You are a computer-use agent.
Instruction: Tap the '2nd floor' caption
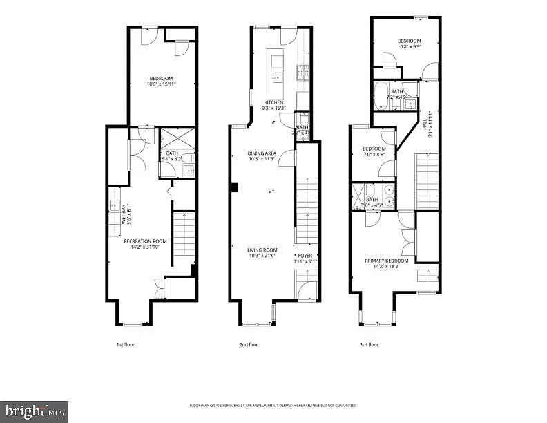pos(249,344)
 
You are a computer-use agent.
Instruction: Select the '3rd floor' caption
pos(368,344)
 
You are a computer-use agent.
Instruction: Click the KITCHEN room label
pos(273,102)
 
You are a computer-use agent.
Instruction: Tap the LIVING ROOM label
pos(262,250)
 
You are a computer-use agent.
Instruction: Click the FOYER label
pos(305,256)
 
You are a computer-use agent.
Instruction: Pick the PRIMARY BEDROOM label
pos(386,261)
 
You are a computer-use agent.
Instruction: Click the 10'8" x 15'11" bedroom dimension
pos(162,84)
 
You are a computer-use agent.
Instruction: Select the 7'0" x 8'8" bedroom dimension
pos(374,154)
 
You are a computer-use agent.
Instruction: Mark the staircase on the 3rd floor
pos(426,181)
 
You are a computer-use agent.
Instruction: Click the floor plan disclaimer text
pos(273,406)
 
